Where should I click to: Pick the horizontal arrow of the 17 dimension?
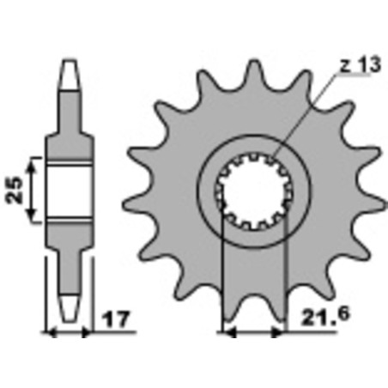[68, 331]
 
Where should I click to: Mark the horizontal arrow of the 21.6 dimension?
[254, 331]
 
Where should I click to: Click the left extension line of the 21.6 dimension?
[222, 275]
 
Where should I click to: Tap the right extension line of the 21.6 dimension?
[285, 275]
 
